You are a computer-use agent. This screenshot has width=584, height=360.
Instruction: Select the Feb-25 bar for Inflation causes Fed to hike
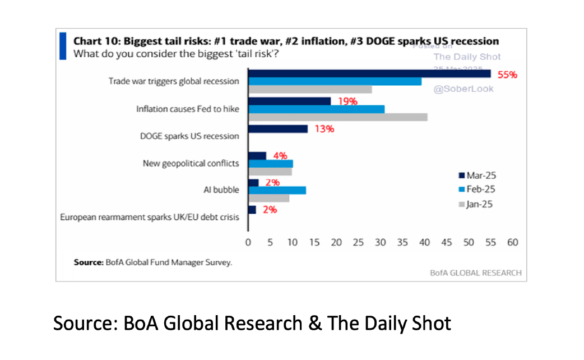(316, 109)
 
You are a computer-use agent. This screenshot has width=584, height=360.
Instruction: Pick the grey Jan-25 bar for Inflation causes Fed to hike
(337, 117)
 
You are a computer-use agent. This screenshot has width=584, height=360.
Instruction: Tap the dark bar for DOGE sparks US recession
(277, 129)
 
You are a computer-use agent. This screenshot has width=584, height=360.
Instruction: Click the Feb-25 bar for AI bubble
(277, 190)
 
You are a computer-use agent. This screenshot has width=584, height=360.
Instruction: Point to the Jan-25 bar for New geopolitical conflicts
(270, 172)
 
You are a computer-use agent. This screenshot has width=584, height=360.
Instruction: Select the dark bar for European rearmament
(252, 210)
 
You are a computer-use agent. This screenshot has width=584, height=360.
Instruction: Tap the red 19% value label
(347, 101)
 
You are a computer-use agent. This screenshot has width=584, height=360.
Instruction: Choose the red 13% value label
(324, 129)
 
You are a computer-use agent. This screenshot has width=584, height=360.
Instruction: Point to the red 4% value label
(280, 156)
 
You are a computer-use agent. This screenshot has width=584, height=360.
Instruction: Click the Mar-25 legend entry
(478, 176)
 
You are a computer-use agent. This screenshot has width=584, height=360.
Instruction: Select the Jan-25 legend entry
(478, 204)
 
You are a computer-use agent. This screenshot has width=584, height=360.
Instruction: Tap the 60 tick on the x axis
(512, 243)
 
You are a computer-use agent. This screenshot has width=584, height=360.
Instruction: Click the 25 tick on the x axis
(358, 243)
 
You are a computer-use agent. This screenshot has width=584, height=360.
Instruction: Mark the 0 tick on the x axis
(248, 243)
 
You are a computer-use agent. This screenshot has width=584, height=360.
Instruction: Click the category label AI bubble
(223, 190)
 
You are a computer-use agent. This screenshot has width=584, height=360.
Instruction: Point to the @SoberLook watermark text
(464, 89)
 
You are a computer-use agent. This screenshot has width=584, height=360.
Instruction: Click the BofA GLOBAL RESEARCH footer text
(475, 273)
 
